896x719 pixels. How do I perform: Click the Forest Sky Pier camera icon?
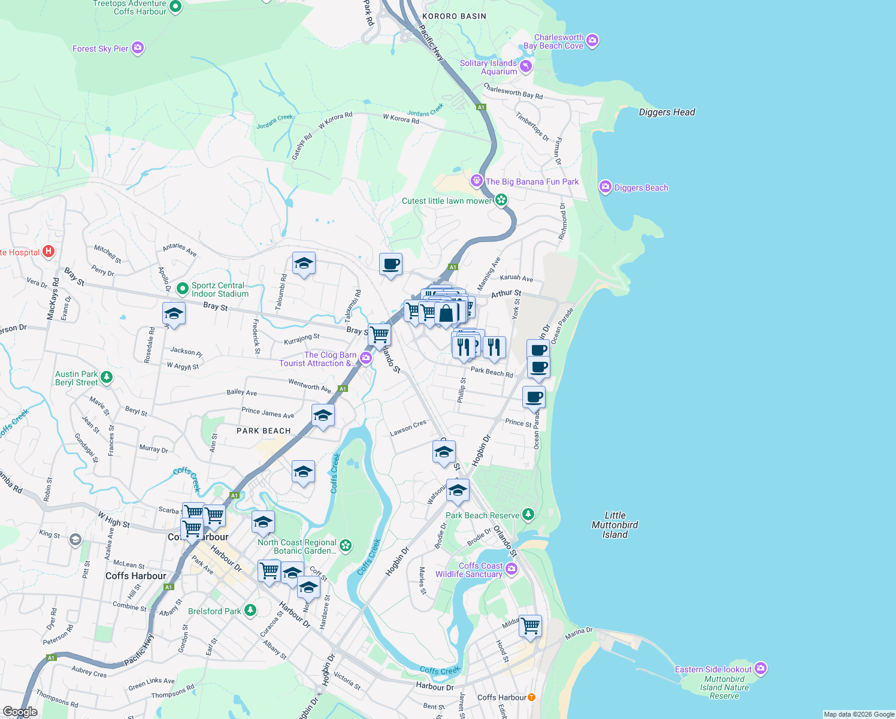pyautogui.click(x=138, y=48)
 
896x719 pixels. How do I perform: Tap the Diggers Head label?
pyautogui.click(x=667, y=112)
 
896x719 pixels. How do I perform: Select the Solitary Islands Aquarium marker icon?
pyautogui.click(x=526, y=66)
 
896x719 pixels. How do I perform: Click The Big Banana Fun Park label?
pyautogui.click(x=532, y=182)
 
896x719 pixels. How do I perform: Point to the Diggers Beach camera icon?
pyautogui.click(x=605, y=187)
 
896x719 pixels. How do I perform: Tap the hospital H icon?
pyautogui.click(x=49, y=252)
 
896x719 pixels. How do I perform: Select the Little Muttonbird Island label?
pyautogui.click(x=615, y=525)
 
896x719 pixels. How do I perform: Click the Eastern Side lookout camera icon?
pyautogui.click(x=761, y=668)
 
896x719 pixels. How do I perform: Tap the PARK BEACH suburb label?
pyautogui.click(x=264, y=431)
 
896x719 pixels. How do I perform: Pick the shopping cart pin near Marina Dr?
pyautogui.click(x=531, y=625)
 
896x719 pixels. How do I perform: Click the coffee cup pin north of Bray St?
pyautogui.click(x=391, y=264)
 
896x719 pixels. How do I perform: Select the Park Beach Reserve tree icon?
pyautogui.click(x=528, y=514)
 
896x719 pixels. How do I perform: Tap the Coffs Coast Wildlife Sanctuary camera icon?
pyautogui.click(x=511, y=569)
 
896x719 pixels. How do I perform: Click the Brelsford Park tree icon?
pyautogui.click(x=250, y=611)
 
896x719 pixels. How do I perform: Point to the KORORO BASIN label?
pyautogui.click(x=454, y=16)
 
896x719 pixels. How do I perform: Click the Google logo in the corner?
pyautogui.click(x=20, y=711)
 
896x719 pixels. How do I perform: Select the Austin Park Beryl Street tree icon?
pyautogui.click(x=106, y=377)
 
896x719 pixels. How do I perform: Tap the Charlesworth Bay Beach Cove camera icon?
pyautogui.click(x=592, y=41)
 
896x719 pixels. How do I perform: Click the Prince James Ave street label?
pyautogui.click(x=268, y=413)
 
